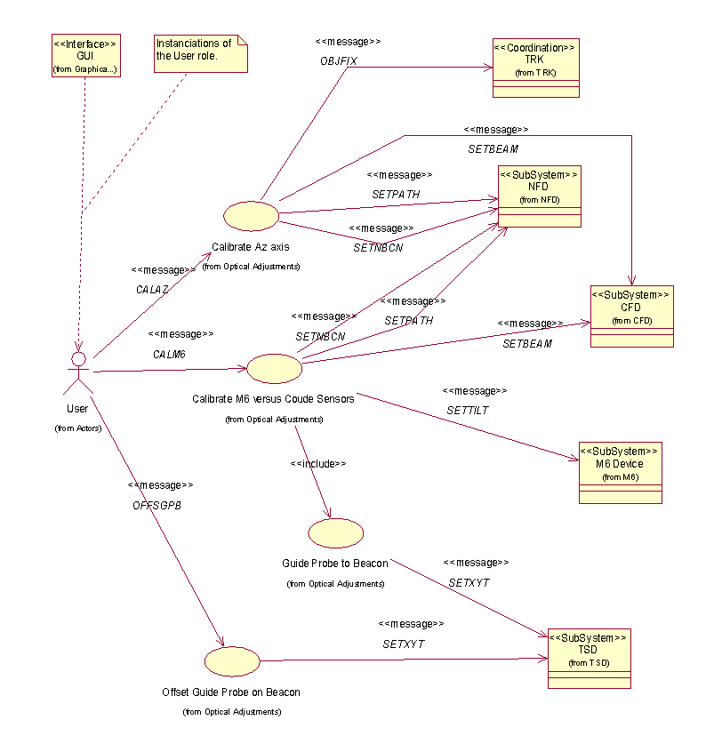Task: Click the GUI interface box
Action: tap(84, 55)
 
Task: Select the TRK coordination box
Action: tap(534, 67)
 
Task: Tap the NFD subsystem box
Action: tap(539, 196)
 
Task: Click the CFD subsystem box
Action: tap(631, 316)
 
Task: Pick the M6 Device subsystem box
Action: tap(620, 472)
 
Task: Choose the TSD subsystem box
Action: tap(589, 659)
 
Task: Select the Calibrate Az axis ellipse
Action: tap(251, 215)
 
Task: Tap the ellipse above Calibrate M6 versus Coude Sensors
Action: tap(274, 368)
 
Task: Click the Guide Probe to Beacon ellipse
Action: tap(335, 532)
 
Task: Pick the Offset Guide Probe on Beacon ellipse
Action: tap(232, 660)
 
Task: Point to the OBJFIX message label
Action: tap(339, 60)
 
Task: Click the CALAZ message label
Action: tap(151, 290)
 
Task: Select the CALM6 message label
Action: tap(168, 354)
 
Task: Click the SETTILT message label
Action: tap(468, 410)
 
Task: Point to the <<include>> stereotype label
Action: tap(317, 463)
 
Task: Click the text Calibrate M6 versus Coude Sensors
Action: tap(273, 399)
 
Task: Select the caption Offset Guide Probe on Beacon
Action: tap(231, 692)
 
